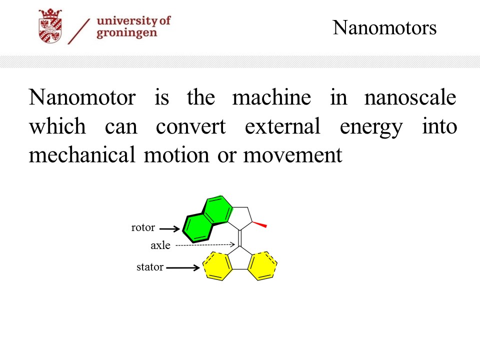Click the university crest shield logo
click(x=50, y=26)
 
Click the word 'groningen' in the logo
click(x=126, y=33)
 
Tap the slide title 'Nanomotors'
click(x=384, y=28)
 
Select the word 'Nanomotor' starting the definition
click(x=82, y=97)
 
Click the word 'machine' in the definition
click(x=271, y=97)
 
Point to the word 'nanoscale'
click(x=410, y=97)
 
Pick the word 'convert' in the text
click(x=190, y=126)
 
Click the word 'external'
click(x=282, y=126)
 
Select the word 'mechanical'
click(x=82, y=154)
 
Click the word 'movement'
click(x=292, y=155)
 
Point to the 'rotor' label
click(x=143, y=227)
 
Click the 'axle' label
click(x=160, y=245)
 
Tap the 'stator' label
click(x=149, y=267)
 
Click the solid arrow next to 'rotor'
click(x=169, y=228)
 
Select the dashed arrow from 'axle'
click(x=205, y=245)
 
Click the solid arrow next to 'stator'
click(x=183, y=268)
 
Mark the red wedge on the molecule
click(x=259, y=224)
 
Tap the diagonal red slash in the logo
click(x=78, y=31)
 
